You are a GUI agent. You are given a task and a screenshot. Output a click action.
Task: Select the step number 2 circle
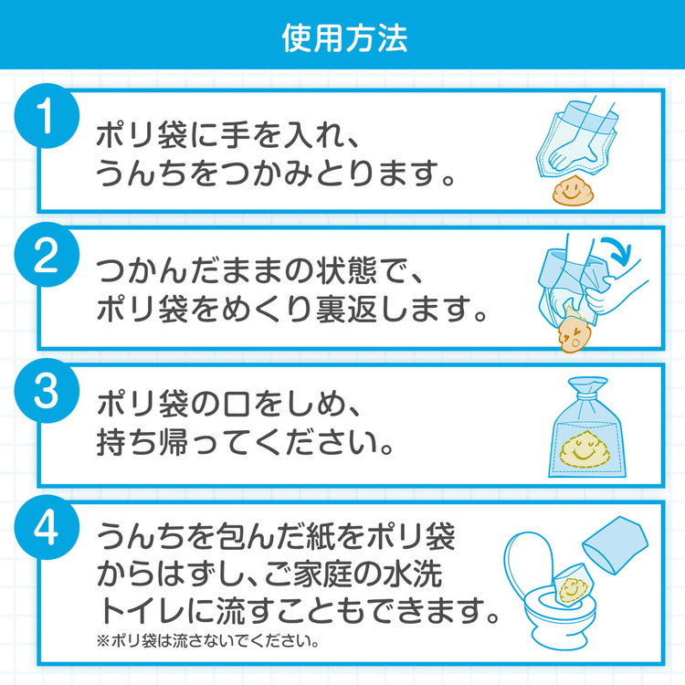pos(47,259)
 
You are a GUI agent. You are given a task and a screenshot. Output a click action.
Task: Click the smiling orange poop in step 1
pos(573,192)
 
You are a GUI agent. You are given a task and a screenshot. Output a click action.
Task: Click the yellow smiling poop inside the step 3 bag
pos(585,446)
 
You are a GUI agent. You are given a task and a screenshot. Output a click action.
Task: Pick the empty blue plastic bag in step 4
pos(615,543)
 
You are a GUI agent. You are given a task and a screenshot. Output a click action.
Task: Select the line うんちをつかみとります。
pos(274,173)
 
